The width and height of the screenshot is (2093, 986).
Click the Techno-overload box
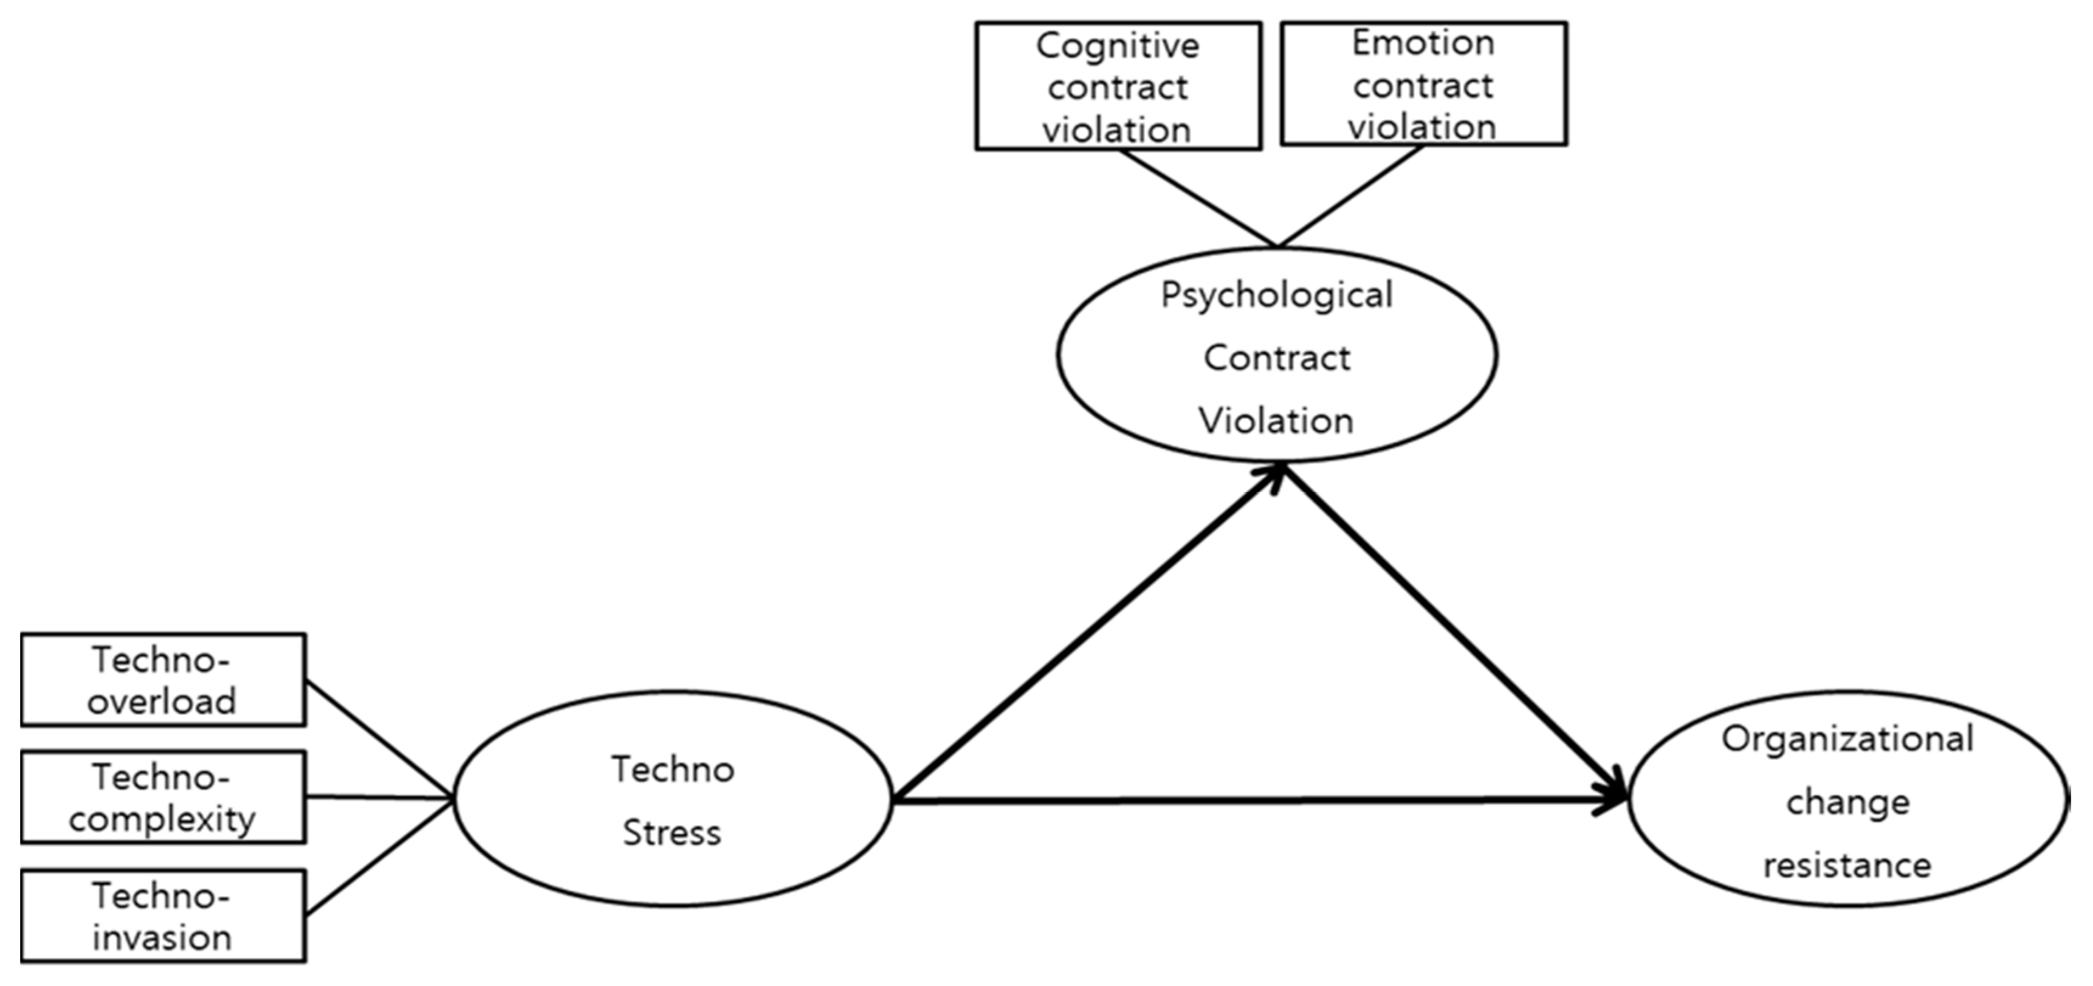[x=162, y=680]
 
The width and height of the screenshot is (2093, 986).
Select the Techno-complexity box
[x=162, y=798]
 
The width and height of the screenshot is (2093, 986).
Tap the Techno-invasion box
[x=162, y=916]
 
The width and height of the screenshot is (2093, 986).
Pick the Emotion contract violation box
[x=1423, y=84]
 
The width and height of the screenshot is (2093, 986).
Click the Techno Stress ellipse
[x=673, y=799]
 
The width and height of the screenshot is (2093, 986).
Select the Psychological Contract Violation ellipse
[x=1276, y=355]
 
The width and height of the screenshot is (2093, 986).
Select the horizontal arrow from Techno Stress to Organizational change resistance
[x=1259, y=801]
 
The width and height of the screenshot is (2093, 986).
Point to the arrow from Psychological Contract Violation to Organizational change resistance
[x=1454, y=630]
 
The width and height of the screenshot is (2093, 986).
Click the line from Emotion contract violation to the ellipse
[x=1350, y=196]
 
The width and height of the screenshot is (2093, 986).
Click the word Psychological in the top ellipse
[x=1276, y=294]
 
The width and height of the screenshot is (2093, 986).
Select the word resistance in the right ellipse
[x=1847, y=866]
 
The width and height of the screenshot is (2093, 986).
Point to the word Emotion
[x=1423, y=43]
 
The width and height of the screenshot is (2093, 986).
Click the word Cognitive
[x=1117, y=45]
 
